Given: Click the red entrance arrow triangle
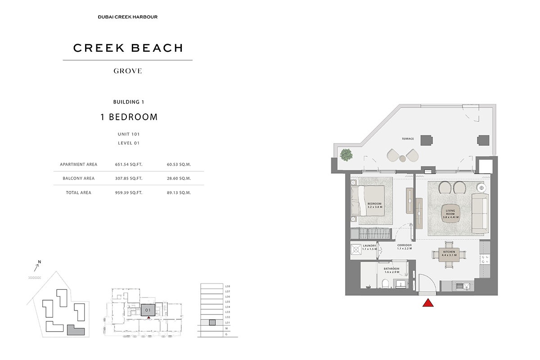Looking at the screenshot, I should pyautogui.click(x=428, y=303).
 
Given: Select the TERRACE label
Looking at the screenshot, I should pyautogui.click(x=408, y=139).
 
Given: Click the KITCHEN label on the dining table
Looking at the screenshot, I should pyautogui.click(x=449, y=253).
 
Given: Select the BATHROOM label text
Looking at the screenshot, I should pyautogui.click(x=391, y=270).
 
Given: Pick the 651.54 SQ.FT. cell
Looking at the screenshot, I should pyautogui.click(x=129, y=164).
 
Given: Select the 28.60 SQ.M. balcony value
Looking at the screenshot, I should pyautogui.click(x=179, y=178).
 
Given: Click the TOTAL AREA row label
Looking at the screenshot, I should pyautogui.click(x=79, y=193).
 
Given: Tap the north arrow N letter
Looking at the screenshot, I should pyautogui.click(x=40, y=262).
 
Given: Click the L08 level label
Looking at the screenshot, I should pyautogui.click(x=228, y=286).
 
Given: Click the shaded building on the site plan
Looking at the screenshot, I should pyautogui.click(x=76, y=331).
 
